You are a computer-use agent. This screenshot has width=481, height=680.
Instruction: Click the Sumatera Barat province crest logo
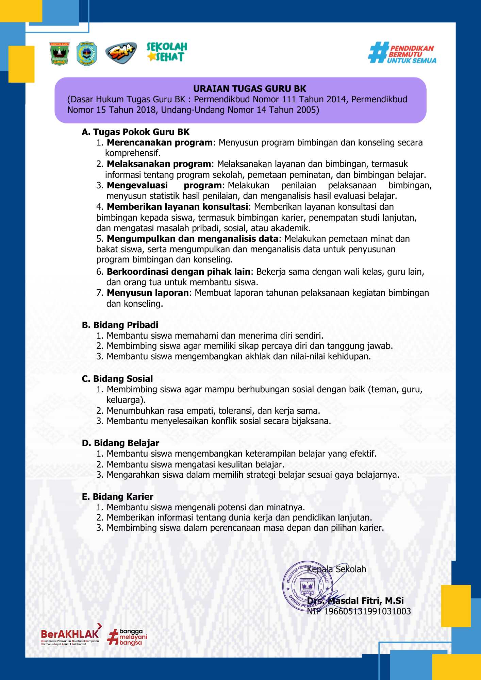pos(60,54)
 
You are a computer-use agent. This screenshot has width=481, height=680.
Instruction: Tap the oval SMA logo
pos(121,53)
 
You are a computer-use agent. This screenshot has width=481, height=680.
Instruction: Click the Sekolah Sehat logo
pos(167,52)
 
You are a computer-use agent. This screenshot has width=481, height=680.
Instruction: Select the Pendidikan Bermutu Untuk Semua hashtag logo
pos(402,53)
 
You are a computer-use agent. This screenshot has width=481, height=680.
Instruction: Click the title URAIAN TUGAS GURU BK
pos(249,89)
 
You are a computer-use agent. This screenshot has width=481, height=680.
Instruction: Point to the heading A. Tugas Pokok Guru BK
pos(135,132)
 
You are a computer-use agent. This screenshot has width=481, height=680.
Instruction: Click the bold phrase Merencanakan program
pos(160,142)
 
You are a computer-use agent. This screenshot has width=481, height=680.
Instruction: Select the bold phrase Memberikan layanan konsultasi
pos(177,207)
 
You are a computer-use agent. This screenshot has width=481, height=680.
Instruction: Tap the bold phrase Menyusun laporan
pos(148,293)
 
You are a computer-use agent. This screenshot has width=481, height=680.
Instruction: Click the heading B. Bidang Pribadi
pos(120,325)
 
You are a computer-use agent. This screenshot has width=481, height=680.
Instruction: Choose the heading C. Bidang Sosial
pos(117,379)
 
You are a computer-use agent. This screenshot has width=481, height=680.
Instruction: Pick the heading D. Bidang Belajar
pos(120,443)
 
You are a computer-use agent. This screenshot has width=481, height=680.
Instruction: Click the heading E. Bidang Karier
pos(118,497)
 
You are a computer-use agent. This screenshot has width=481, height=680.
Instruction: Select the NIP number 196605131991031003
pos(367,611)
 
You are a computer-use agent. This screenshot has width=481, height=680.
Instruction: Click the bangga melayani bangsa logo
pos(127,637)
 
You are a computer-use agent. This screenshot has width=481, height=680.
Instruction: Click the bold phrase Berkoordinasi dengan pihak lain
pos(178,272)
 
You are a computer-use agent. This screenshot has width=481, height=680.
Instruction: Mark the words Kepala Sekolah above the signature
pos(336,569)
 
